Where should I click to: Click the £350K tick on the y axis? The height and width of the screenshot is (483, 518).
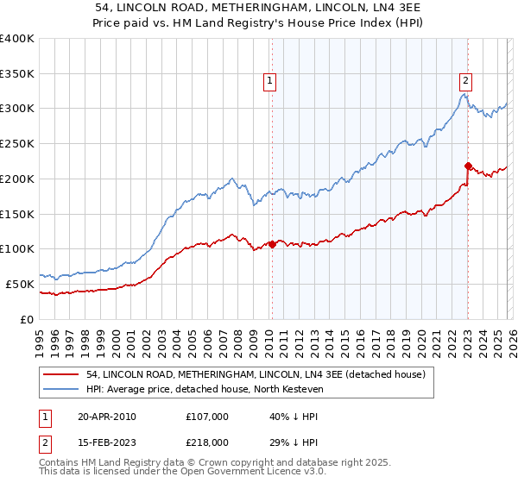(17, 74)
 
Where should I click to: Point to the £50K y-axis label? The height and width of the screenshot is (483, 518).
(20, 284)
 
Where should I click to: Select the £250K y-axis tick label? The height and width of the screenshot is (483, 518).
(17, 144)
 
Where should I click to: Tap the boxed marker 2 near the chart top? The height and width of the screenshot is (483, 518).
(465, 81)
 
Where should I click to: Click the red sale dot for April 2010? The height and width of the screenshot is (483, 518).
(272, 244)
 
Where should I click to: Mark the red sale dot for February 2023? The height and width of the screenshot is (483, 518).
(467, 166)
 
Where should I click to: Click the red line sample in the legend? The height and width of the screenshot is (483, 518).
(61, 375)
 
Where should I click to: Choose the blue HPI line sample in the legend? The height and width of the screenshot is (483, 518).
(61, 390)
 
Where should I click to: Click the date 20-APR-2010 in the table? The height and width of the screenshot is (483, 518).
(106, 417)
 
